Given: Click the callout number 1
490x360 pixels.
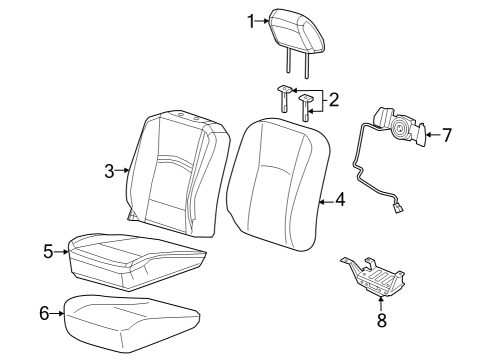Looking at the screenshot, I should coord(251,20).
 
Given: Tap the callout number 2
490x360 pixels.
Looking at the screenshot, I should coord(333,99).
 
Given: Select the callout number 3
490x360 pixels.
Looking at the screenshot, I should coord(110,171).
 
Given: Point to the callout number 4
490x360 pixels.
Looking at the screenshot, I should coord(340,200).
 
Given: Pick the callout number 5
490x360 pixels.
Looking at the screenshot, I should coord(48,251).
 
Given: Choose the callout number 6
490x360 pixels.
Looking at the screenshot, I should coord(44,313).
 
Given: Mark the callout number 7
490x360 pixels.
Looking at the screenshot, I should coord(447,133).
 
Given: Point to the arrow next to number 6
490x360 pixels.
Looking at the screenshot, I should coord(58,313).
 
